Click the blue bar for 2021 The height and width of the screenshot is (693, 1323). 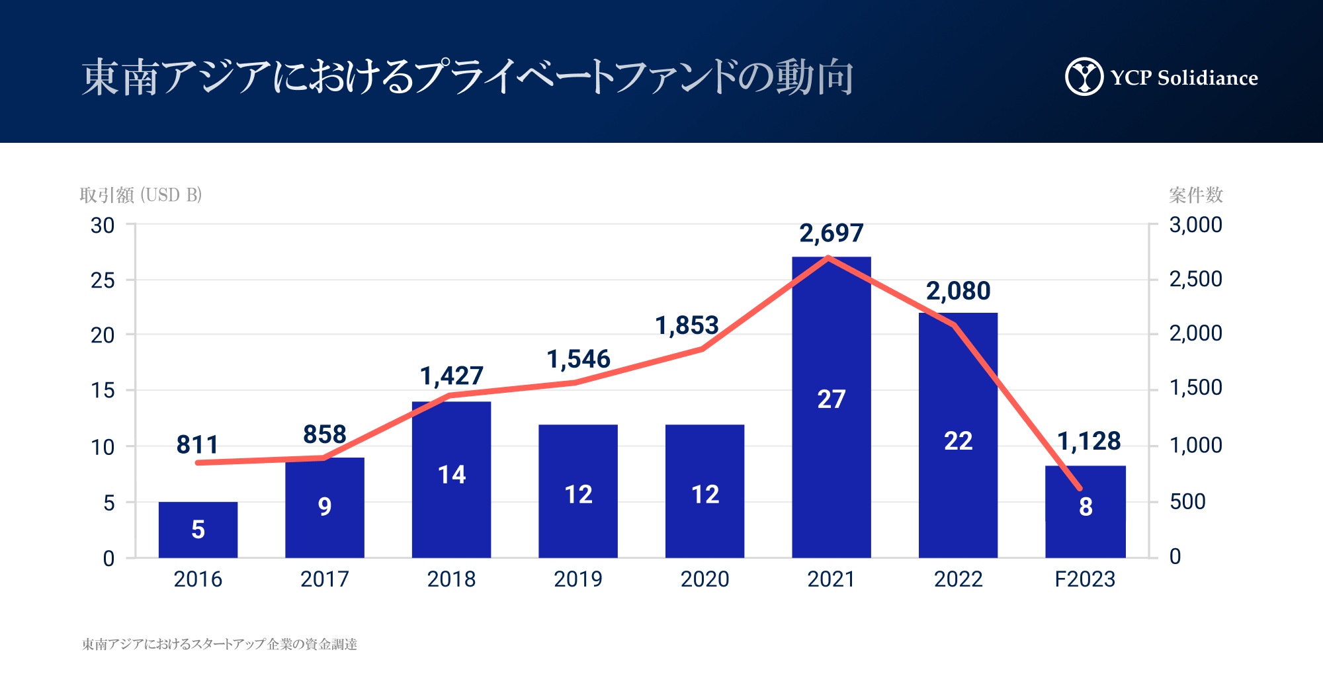(831, 463)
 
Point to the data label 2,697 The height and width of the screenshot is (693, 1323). (832, 233)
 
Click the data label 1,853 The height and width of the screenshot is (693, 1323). (687, 325)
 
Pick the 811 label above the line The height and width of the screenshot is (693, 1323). (197, 444)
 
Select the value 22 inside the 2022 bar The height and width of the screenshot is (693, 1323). (958, 441)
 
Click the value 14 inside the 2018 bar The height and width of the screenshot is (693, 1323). (452, 475)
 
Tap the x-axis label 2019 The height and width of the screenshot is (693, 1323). (578, 579)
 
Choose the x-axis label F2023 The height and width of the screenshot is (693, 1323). (1085, 579)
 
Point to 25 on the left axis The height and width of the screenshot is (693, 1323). (103, 280)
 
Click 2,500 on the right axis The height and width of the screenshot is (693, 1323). (1196, 279)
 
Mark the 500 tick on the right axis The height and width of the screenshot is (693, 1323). (1187, 501)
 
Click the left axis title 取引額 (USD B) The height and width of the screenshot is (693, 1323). (140, 195)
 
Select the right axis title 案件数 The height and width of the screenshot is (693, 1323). (1195, 195)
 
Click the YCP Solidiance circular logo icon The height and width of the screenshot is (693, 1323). (1084, 77)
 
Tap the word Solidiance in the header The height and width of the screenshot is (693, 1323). (1207, 78)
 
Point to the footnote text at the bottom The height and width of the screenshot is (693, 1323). (219, 644)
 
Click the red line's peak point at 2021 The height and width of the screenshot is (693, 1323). (829, 257)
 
